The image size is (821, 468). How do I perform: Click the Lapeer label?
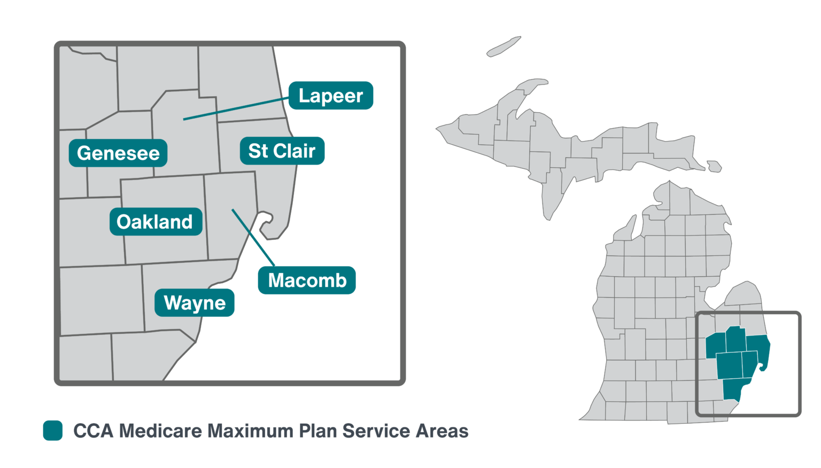tap(331, 96)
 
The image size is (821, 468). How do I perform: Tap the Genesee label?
tap(118, 153)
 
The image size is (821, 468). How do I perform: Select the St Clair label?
tap(282, 151)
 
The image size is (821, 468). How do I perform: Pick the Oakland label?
tap(155, 222)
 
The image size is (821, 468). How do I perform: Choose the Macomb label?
tap(307, 280)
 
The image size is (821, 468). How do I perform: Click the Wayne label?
tap(195, 303)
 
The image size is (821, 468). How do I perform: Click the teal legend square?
tap(53, 431)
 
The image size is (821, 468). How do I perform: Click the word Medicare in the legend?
tap(161, 431)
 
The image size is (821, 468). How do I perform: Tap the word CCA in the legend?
tap(94, 431)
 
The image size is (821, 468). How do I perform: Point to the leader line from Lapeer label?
tap(235, 108)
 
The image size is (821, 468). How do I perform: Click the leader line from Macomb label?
tap(253, 237)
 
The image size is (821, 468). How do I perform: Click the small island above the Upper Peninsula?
tap(504, 46)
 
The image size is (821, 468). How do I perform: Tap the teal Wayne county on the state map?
tap(733, 389)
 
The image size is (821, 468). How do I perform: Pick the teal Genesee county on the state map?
tap(716, 346)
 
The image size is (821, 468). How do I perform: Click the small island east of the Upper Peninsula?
tap(715, 166)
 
